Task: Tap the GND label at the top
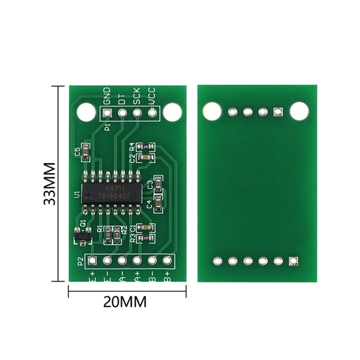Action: [x=107, y=95]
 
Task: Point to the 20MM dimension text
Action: [x=125, y=302]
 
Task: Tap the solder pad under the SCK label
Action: [x=137, y=112]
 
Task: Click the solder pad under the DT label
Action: [x=122, y=112]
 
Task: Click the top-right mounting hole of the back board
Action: [x=298, y=111]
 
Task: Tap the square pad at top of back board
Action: [x=277, y=112]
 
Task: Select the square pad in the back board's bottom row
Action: [x=293, y=261]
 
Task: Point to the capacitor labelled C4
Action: [x=158, y=203]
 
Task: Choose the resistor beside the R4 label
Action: [x=145, y=146]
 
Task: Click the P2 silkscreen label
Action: [x=80, y=261]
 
